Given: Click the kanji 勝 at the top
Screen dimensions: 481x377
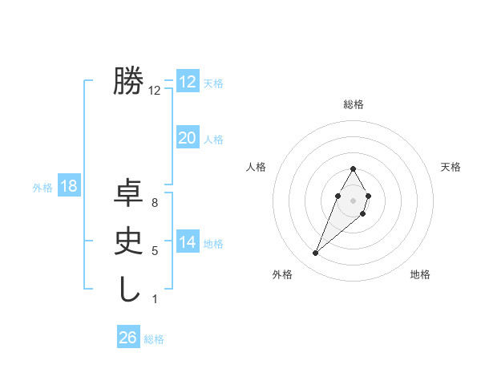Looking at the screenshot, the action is pos(128,81).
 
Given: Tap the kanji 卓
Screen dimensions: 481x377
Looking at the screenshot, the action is pos(128,193).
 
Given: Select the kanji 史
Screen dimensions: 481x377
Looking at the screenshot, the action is pos(128,241).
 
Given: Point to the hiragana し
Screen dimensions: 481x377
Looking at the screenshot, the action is pos(128,288).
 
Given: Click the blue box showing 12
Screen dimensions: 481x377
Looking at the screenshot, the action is pos(187,81).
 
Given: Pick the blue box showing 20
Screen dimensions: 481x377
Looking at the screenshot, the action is pos(187,138).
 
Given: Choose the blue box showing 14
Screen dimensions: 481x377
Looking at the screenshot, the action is pos(187,241).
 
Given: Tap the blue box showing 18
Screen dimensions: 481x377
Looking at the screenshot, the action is pos(68,186).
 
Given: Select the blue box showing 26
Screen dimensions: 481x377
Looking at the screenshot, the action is pos(127,338).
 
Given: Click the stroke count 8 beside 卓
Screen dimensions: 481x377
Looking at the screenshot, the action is pos(154,203).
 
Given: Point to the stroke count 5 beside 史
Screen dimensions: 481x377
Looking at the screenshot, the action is pos(154,251).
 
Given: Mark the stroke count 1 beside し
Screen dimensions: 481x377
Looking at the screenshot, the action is pos(154,299).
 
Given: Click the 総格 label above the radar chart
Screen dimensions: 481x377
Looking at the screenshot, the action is pos(353,104).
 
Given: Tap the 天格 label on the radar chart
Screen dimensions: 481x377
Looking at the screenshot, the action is pos(451,167).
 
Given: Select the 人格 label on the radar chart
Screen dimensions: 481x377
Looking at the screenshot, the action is pos(256,167).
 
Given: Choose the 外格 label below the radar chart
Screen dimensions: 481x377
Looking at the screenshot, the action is pos(281,274).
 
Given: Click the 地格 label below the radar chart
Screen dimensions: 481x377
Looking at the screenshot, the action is pos(420,274).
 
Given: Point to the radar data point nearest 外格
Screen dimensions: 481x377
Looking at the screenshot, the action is pos(315,253).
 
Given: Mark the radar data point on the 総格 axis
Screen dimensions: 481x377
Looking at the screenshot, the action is pos(353,169).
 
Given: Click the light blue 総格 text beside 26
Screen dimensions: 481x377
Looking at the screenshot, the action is pos(154,339).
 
